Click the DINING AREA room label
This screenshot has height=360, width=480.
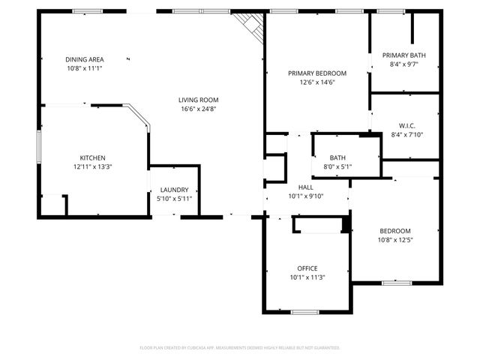[x=84, y=59]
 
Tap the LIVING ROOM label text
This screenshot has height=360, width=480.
[x=198, y=100]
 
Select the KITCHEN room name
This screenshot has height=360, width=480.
[x=93, y=157]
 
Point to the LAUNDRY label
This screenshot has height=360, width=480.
[x=173, y=190]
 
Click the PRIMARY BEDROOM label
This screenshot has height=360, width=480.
[x=317, y=73]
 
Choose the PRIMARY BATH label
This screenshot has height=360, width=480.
[x=404, y=55]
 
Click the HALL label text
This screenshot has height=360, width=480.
[x=306, y=187]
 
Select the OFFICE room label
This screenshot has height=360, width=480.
[x=307, y=268]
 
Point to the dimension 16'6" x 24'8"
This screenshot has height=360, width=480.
[x=198, y=109]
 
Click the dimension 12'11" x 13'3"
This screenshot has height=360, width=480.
[x=93, y=166]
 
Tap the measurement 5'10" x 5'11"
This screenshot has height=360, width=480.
[x=173, y=199]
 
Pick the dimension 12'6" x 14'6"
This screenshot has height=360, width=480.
[x=317, y=82]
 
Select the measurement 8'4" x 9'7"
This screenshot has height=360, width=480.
[x=404, y=64]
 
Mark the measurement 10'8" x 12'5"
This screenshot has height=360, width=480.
[x=394, y=240]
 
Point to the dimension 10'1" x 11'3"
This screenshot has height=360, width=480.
[x=307, y=277]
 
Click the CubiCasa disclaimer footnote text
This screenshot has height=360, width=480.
[x=240, y=348]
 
